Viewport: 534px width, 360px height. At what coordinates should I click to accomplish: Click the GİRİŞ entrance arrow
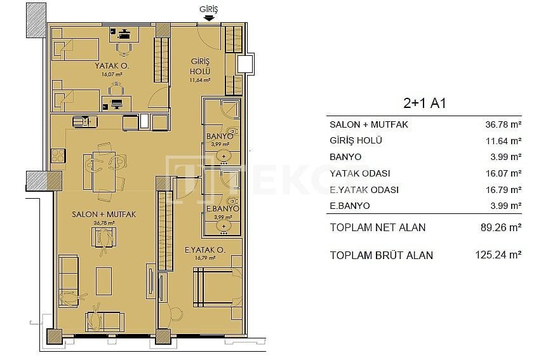click(x=208, y=18)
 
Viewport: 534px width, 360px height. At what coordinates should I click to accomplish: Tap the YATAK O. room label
click(x=112, y=66)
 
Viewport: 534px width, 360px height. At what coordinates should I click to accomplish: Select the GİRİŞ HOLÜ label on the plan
click(x=200, y=67)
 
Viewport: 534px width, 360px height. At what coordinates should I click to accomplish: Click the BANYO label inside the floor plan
click(x=220, y=137)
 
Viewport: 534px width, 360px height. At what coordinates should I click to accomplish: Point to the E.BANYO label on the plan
click(x=223, y=208)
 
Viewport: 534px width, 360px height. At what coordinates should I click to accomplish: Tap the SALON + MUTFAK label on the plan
click(x=104, y=214)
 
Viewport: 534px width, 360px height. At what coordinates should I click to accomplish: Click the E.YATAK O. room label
click(x=205, y=250)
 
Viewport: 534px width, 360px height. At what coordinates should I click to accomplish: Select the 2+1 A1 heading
click(x=424, y=103)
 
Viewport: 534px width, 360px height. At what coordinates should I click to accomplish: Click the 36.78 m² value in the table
click(x=504, y=124)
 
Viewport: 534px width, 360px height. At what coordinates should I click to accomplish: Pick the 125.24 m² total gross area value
click(x=498, y=255)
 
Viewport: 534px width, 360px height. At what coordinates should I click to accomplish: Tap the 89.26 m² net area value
click(x=501, y=227)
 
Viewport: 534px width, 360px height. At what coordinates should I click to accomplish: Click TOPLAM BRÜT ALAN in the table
click(x=382, y=255)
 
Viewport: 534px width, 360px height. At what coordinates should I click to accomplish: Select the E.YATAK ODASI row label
click(x=364, y=190)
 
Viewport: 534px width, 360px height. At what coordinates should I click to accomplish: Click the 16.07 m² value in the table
click(x=504, y=173)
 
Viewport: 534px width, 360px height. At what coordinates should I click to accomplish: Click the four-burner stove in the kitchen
click(x=58, y=156)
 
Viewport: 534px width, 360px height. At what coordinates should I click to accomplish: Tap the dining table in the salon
click(x=104, y=172)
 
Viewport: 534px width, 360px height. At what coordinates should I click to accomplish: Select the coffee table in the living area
click(x=104, y=281)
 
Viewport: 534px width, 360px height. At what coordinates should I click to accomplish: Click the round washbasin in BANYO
click(x=224, y=156)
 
